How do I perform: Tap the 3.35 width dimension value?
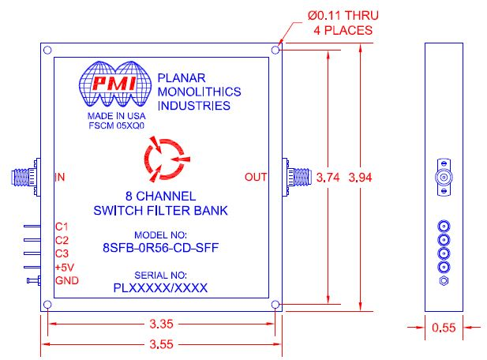point(160,323)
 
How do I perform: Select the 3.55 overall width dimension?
point(160,344)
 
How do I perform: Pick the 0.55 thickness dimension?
point(447,327)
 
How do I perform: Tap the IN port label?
point(60,177)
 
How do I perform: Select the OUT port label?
point(257,177)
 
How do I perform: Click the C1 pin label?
point(62,227)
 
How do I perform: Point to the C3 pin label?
point(62,254)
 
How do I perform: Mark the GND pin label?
point(66,281)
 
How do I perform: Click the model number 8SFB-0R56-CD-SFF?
point(161,247)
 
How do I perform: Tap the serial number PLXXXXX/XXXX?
point(160,289)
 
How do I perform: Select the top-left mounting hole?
point(48,51)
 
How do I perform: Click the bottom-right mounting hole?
point(274,304)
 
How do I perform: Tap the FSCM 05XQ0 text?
point(116,125)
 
